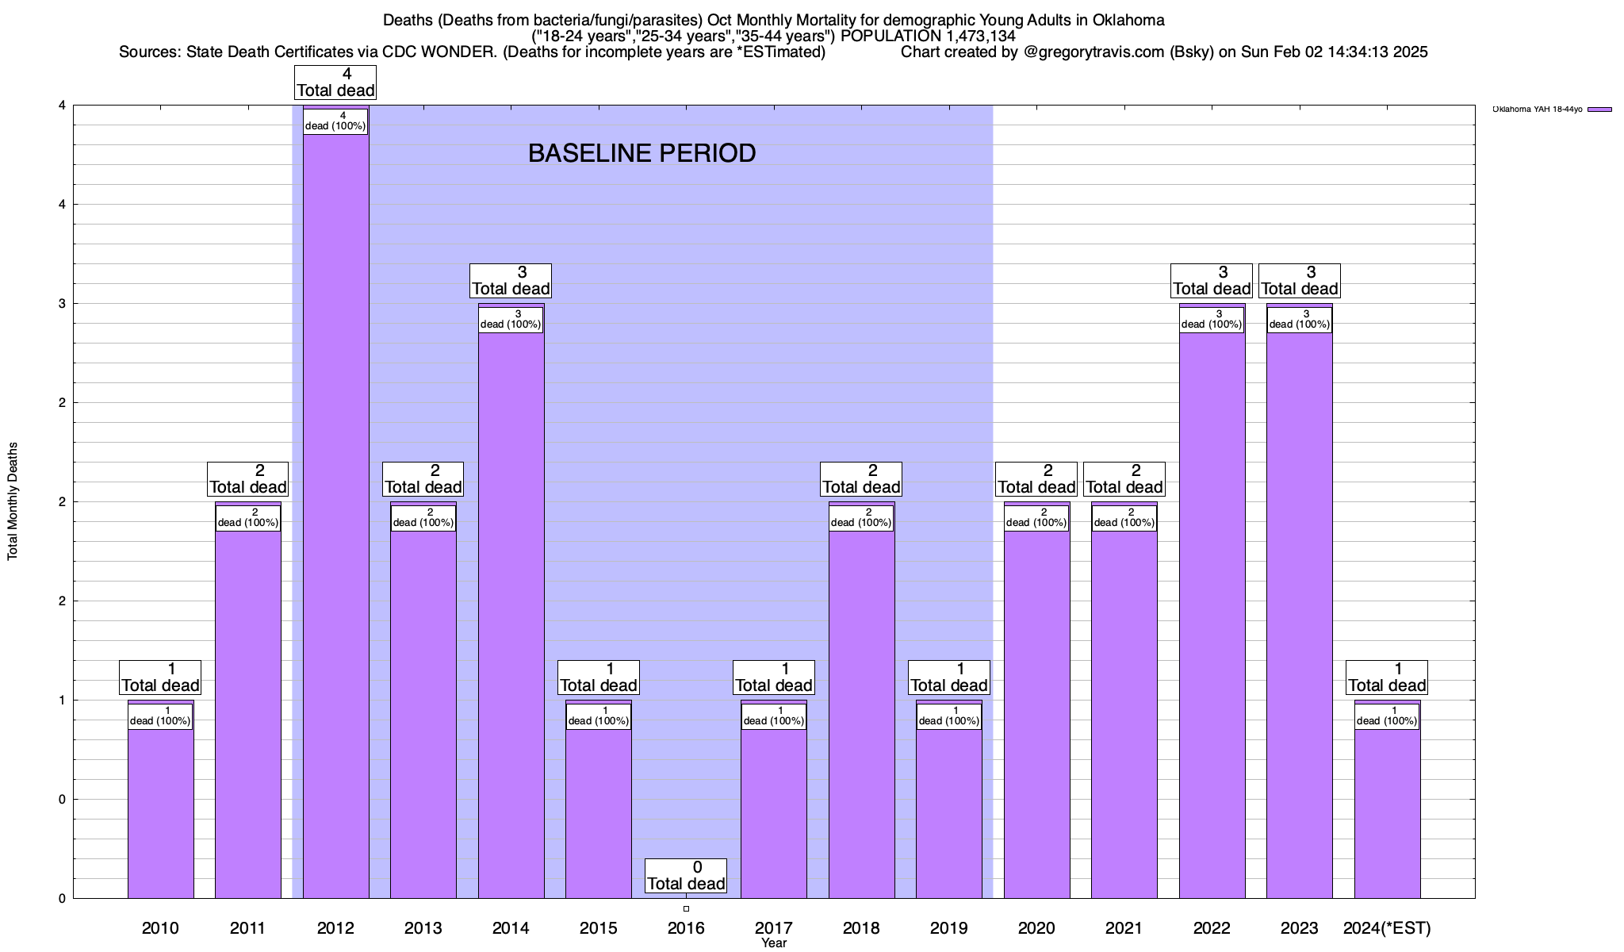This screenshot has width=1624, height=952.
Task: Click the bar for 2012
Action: [335, 516]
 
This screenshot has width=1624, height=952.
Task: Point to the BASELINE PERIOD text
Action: [642, 153]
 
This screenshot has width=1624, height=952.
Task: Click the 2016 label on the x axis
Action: [686, 927]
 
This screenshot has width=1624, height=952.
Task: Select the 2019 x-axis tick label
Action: [948, 927]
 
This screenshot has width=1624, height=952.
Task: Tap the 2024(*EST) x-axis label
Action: [1387, 927]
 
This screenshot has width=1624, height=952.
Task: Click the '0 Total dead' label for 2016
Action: [686, 876]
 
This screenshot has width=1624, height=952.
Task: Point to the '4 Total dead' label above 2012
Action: [335, 83]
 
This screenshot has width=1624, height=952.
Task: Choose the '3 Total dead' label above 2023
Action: [1300, 281]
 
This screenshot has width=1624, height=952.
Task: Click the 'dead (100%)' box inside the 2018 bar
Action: [861, 517]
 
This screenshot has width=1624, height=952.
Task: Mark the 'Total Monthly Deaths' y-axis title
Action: [13, 501]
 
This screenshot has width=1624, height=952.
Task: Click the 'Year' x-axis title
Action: [773, 943]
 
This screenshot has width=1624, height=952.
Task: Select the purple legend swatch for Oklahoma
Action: [1599, 109]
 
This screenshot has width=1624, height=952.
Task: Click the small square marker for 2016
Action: [686, 908]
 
